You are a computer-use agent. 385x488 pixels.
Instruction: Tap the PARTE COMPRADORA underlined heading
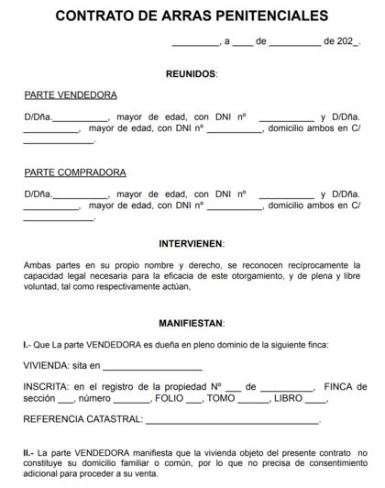pyautogui.click(x=74, y=172)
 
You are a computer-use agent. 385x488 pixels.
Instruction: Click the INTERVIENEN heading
pyautogui.click(x=192, y=244)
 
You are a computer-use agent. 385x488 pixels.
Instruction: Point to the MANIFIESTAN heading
pyautogui.click(x=192, y=323)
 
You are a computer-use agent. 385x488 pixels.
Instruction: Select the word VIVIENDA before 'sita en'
pyautogui.click(x=47, y=364)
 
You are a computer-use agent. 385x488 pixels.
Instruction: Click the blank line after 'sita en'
pyautogui.click(x=143, y=366)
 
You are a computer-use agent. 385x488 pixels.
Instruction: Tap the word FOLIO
pyautogui.click(x=170, y=399)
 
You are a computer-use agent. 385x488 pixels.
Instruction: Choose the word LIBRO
pyautogui.click(x=288, y=399)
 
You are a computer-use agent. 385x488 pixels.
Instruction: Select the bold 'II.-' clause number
pyautogui.click(x=29, y=452)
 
